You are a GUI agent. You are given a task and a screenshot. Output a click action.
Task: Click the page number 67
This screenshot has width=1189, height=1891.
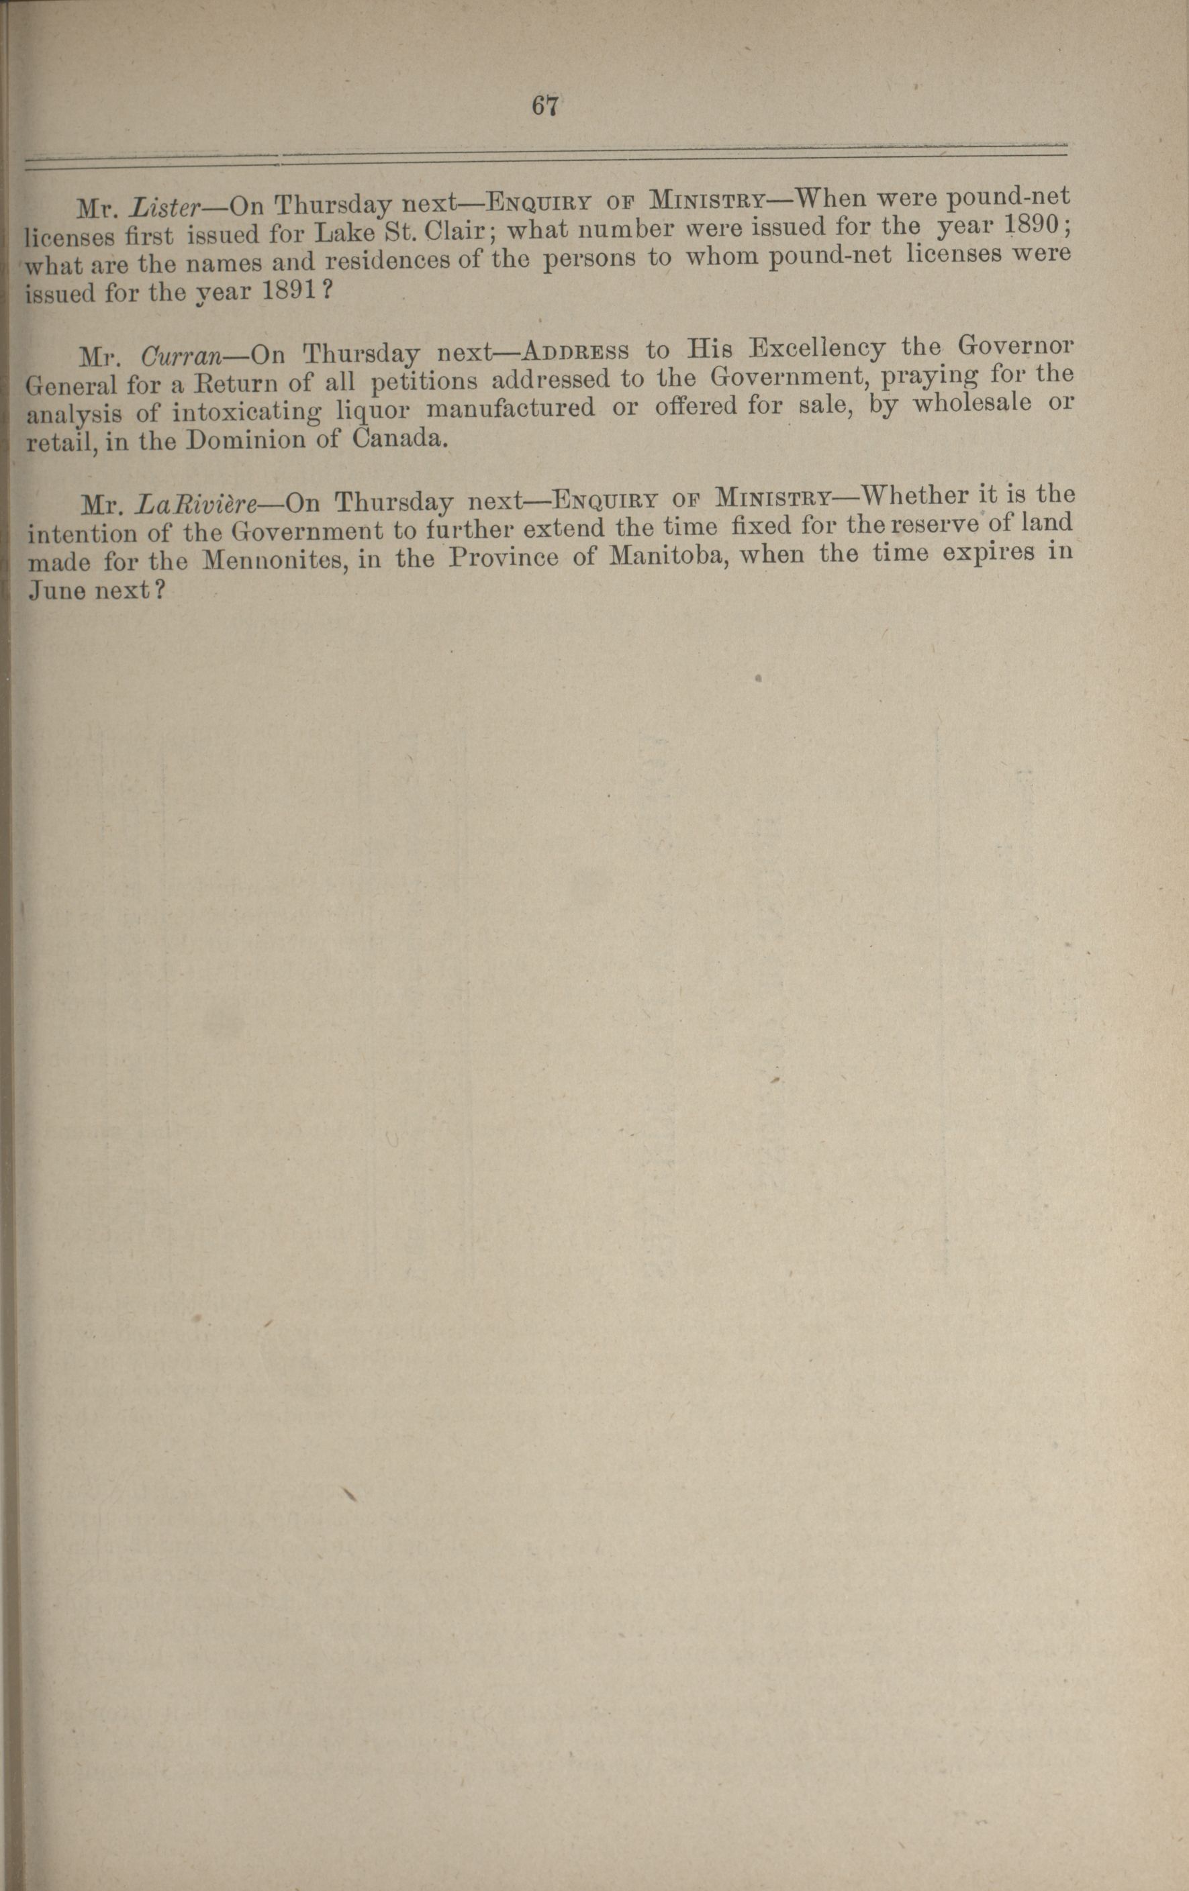pyautogui.click(x=545, y=105)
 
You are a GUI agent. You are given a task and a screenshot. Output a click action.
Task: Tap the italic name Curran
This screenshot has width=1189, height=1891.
pyautogui.click(x=181, y=355)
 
